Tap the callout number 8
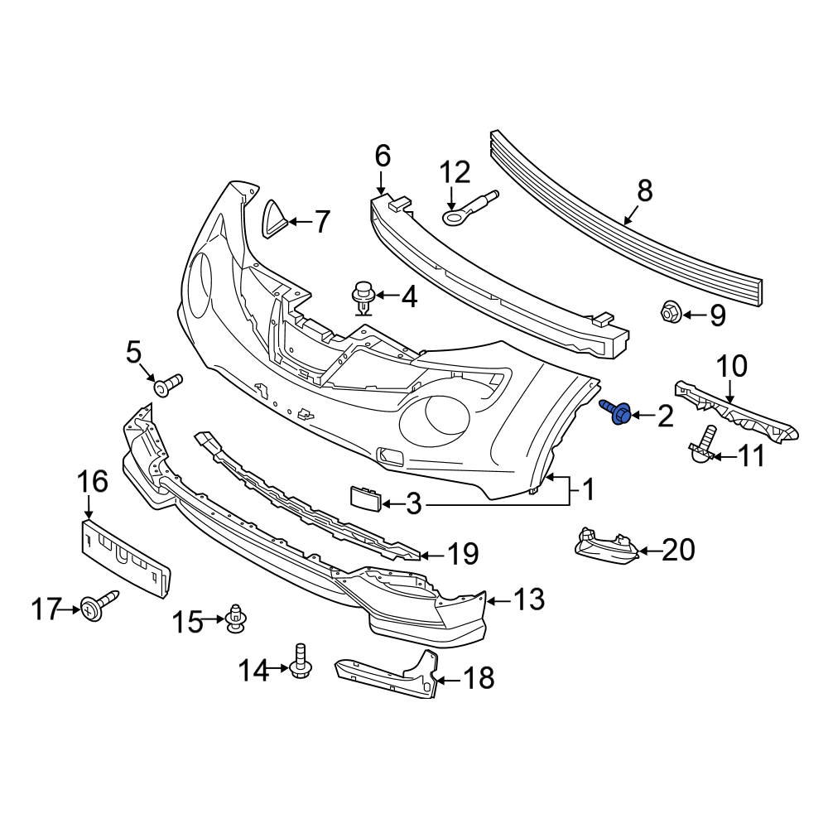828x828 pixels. point(644,191)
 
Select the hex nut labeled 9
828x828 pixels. point(671,313)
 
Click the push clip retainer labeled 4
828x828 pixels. point(362,298)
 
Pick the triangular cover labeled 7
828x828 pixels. point(277,219)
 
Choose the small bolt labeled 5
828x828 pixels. point(166,384)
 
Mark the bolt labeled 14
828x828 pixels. point(300,660)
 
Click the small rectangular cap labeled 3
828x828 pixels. point(365,499)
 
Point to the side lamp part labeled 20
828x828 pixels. point(604,547)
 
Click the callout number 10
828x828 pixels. point(731,366)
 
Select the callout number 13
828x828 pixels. point(529,599)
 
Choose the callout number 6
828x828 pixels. point(382,155)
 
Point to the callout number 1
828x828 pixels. point(586,491)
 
